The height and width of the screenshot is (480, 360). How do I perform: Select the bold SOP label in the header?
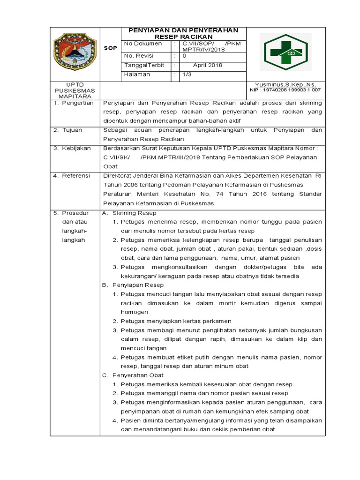pyautogui.click(x=110, y=48)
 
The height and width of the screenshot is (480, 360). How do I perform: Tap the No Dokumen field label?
pyautogui.click(x=142, y=44)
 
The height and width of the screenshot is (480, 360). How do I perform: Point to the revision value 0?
pyautogui.click(x=184, y=55)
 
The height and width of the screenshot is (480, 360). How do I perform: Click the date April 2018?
pyautogui.click(x=208, y=65)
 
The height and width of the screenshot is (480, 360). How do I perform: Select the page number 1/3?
pyautogui.click(x=187, y=74)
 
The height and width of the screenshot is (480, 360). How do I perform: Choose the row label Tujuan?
pyautogui.click(x=73, y=129)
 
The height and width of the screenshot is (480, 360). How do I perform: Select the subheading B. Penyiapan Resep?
pyautogui.click(x=133, y=285)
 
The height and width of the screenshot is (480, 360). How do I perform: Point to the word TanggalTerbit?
pyautogui.click(x=144, y=65)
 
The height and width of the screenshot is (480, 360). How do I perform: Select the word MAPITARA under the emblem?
pyautogui.click(x=75, y=96)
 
